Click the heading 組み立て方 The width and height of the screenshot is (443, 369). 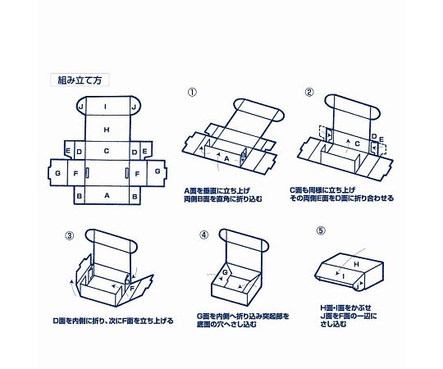click(x=80, y=81)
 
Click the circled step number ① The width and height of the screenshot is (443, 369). click(x=191, y=93)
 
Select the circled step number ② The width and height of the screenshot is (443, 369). click(x=309, y=93)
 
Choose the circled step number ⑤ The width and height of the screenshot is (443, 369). click(x=320, y=230)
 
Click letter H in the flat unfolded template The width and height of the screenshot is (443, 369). click(x=107, y=130)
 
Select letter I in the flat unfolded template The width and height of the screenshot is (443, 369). click(x=107, y=107)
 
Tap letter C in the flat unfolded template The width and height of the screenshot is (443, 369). click(x=107, y=152)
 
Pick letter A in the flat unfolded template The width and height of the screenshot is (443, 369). click(x=107, y=197)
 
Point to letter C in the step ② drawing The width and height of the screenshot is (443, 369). click(x=346, y=143)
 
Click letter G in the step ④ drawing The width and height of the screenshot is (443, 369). click(x=224, y=272)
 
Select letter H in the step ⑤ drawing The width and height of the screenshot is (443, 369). click(x=355, y=264)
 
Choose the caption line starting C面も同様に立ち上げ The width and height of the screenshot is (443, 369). click(x=337, y=189)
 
